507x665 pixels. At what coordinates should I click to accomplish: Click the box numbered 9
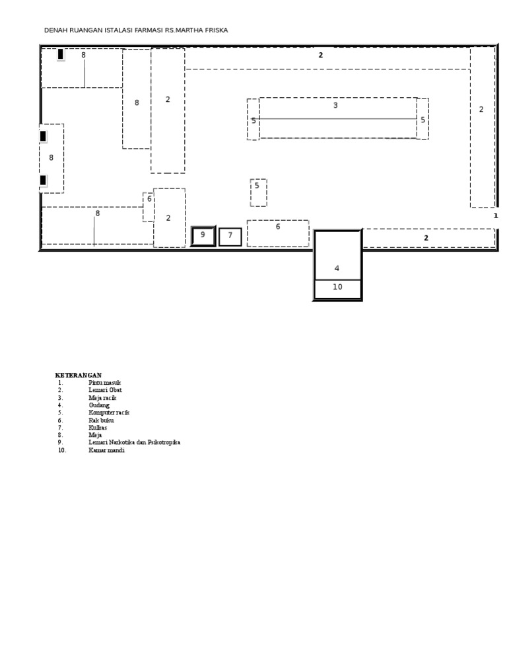tap(203, 236)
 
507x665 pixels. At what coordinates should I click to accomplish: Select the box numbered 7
tap(230, 237)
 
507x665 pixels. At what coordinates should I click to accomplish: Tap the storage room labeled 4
tap(337, 255)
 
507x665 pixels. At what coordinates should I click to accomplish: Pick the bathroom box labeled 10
tap(337, 290)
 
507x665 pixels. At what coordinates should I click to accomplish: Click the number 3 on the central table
tap(335, 105)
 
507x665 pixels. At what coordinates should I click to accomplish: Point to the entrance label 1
tap(496, 216)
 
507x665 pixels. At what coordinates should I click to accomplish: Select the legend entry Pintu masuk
tap(104, 383)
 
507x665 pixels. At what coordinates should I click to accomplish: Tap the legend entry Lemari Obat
tap(105, 390)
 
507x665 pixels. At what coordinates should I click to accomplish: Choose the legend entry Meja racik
tap(102, 398)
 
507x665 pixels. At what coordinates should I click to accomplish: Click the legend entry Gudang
tap(99, 405)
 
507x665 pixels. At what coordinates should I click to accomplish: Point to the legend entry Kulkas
tap(98, 428)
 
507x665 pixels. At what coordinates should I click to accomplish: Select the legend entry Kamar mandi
tap(106, 450)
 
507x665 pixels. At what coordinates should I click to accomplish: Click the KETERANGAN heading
tap(79, 375)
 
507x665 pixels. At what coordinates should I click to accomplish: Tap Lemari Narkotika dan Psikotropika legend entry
tap(134, 442)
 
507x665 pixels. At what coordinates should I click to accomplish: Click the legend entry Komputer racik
tap(109, 412)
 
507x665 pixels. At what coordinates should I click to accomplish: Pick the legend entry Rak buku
tap(101, 420)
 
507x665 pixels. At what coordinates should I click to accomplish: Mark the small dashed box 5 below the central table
tap(258, 192)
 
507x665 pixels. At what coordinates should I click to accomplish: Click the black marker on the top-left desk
tap(61, 54)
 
